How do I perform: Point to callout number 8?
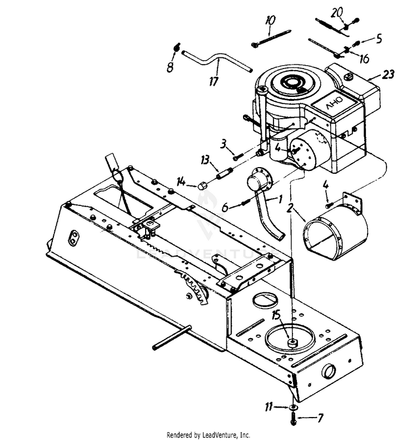[171, 68]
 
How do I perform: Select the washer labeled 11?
[292, 409]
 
